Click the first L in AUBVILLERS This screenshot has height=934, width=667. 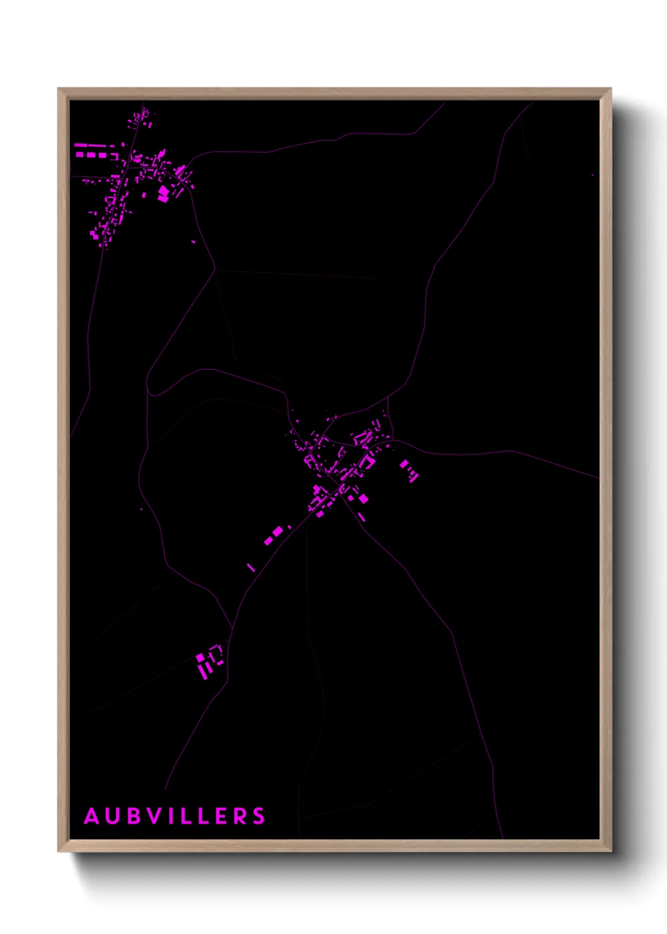[188, 816]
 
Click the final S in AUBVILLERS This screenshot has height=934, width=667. [259, 816]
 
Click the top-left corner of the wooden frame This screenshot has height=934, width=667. [59, 89]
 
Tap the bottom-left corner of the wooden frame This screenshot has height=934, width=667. [59, 851]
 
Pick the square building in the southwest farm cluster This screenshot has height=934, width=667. [200, 658]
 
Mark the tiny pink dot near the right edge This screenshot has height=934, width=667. [593, 175]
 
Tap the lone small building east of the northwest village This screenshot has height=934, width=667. [194, 241]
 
